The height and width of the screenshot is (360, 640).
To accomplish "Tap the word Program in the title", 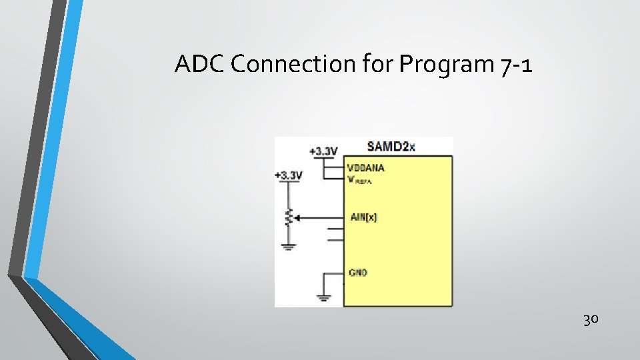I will click(x=445, y=65).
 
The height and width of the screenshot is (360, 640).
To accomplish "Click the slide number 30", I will click(x=591, y=320).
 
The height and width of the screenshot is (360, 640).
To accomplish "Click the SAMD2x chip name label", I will click(x=391, y=147).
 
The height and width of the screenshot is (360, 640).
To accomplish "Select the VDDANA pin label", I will click(x=366, y=167).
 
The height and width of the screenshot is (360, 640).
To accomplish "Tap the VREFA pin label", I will click(x=359, y=179).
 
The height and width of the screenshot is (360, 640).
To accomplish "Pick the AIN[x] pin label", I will click(x=363, y=217).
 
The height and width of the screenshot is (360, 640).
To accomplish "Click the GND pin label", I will click(x=358, y=273).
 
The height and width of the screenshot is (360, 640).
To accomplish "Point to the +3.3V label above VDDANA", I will click(x=324, y=151).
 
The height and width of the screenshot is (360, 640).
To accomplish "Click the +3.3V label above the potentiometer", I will click(x=289, y=175).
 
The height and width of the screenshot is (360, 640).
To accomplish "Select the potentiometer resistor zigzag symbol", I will click(x=289, y=217).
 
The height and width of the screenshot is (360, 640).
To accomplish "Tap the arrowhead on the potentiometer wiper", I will click(x=297, y=217).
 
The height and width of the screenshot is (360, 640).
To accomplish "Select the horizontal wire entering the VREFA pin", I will click(x=333, y=179).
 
